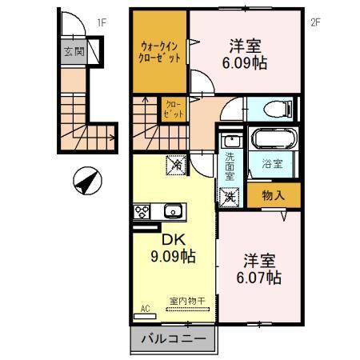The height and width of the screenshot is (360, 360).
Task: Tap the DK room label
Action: pyautogui.click(x=174, y=239)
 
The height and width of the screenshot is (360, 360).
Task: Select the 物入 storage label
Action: pyautogui.click(x=270, y=194)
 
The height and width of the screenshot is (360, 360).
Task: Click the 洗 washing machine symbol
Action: pyautogui.click(x=229, y=194)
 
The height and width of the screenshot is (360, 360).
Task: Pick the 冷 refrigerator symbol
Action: pyautogui.click(x=174, y=164)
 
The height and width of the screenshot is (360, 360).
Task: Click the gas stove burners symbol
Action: pyautogui.click(x=142, y=212)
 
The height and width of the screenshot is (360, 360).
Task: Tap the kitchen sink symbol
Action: pyautogui.click(x=172, y=212)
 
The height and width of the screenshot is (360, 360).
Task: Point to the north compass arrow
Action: pyautogui.click(x=86, y=181)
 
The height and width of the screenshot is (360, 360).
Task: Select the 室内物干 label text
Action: pyautogui.click(x=187, y=301)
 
